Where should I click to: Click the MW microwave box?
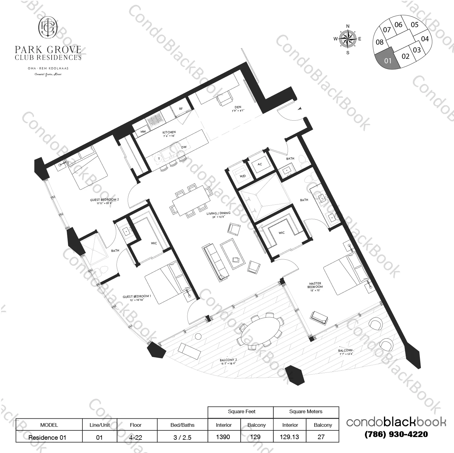(x=143, y=132)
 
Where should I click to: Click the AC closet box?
(x=260, y=164)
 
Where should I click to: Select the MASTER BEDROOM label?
(x=315, y=285)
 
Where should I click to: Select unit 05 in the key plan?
(x=415, y=25)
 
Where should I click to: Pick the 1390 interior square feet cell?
(x=223, y=437)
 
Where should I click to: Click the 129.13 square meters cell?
(x=289, y=437)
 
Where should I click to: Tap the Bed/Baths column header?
(x=182, y=425)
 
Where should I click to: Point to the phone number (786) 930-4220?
(x=396, y=434)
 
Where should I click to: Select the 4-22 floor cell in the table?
(x=136, y=437)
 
